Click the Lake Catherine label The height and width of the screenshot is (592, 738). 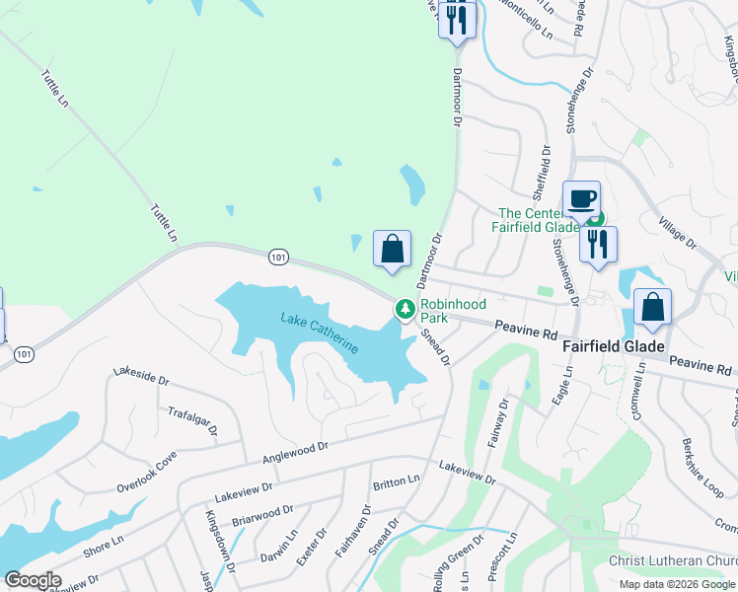(320, 332)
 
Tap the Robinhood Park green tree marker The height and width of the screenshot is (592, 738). (405, 310)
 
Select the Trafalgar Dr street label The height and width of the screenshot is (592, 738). (191, 422)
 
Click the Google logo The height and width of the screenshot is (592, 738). (33, 580)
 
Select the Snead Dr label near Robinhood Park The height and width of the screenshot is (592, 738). (435, 346)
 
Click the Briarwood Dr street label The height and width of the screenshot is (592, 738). (261, 515)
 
